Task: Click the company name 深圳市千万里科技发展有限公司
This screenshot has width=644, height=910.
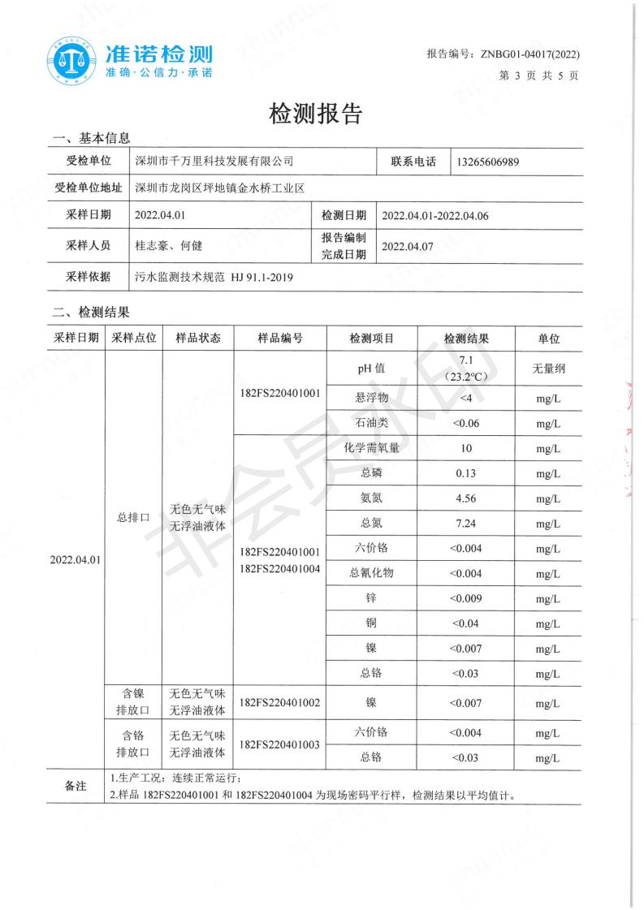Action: click(214, 162)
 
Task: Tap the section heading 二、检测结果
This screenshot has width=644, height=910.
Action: click(90, 312)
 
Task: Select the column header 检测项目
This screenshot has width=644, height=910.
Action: click(371, 339)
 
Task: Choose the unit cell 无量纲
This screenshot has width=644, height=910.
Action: click(548, 368)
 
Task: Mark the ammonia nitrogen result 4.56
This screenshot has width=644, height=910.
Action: click(465, 498)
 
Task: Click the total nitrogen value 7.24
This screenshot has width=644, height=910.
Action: click(465, 524)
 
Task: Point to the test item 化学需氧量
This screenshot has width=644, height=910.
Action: click(371, 447)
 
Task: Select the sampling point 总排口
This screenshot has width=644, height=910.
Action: click(130, 517)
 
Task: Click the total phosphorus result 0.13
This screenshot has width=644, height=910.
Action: click(465, 472)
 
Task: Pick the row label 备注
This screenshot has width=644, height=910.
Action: click(76, 786)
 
